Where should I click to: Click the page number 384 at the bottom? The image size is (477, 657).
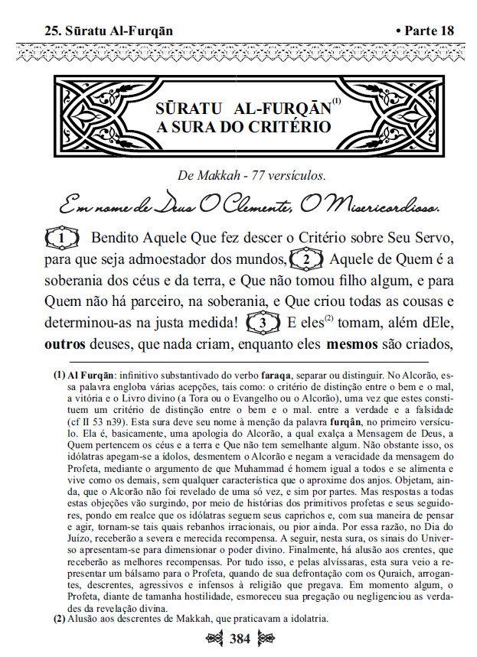click(x=238, y=637)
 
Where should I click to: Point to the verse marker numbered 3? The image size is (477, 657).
click(x=262, y=323)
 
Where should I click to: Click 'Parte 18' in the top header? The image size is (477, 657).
click(x=425, y=31)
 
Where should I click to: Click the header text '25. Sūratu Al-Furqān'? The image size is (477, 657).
click(x=108, y=31)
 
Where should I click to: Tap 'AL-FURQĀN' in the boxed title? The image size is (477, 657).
click(x=267, y=107)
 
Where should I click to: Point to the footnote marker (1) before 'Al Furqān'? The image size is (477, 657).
click(x=59, y=376)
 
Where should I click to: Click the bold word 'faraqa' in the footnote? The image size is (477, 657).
click(x=272, y=376)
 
